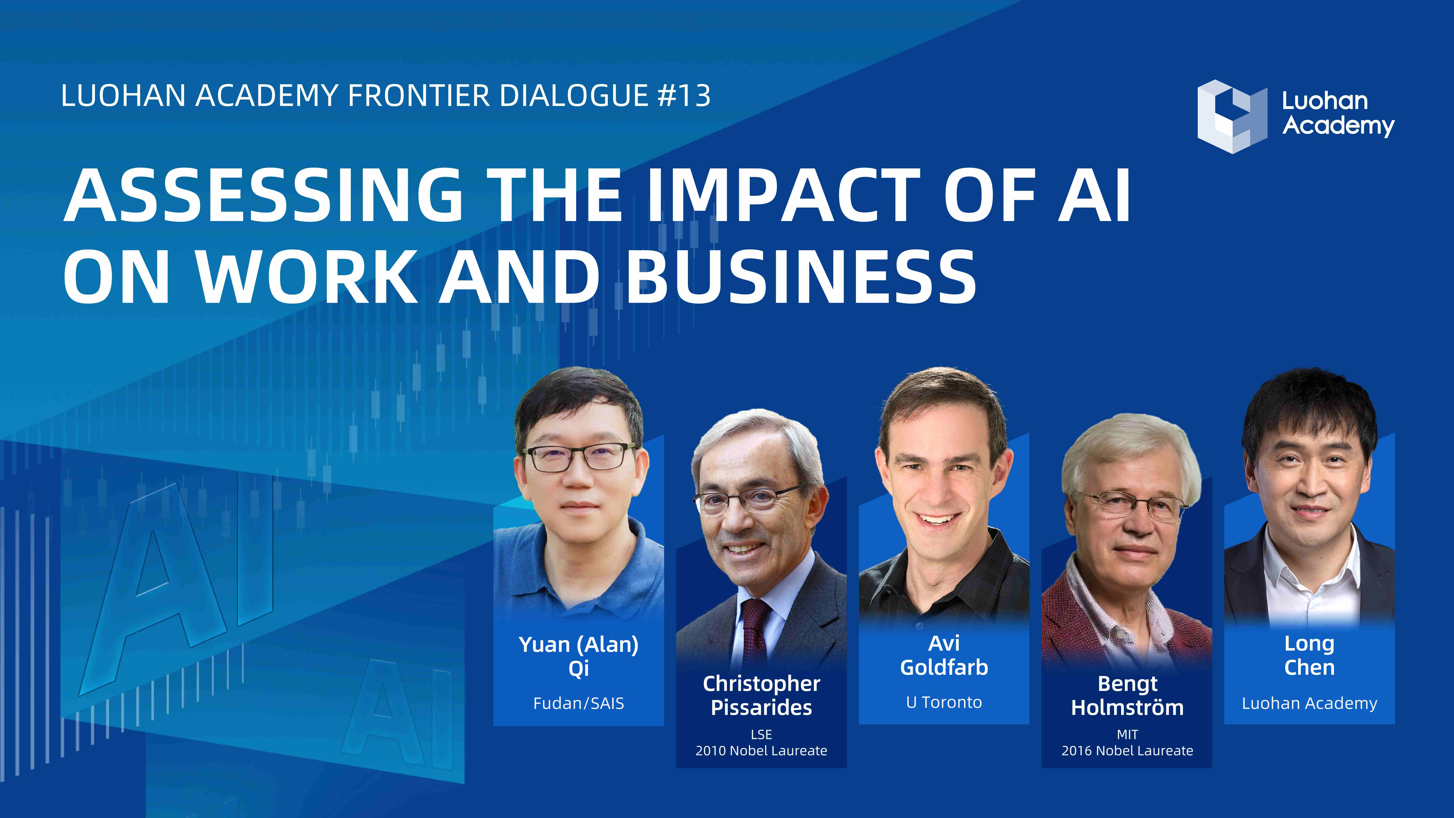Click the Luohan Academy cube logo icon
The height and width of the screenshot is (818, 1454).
coord(1232,116)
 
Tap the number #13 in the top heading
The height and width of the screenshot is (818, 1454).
coord(684,95)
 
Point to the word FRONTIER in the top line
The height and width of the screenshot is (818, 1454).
coord(419,95)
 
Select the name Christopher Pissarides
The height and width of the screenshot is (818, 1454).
coord(761,695)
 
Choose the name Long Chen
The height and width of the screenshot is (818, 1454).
coord(1310,655)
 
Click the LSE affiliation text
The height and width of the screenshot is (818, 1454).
coord(761,734)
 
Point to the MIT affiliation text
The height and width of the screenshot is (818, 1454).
coord(1127,734)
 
